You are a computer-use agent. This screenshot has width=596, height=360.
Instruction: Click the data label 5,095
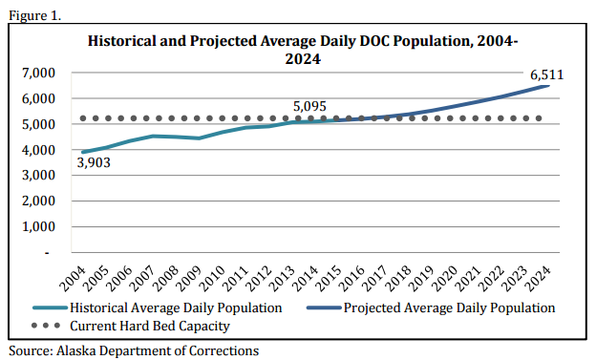coord(311,106)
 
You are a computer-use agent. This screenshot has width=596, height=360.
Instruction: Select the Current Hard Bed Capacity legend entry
coord(149,326)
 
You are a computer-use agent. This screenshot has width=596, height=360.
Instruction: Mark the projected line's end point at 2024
coord(548,86)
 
